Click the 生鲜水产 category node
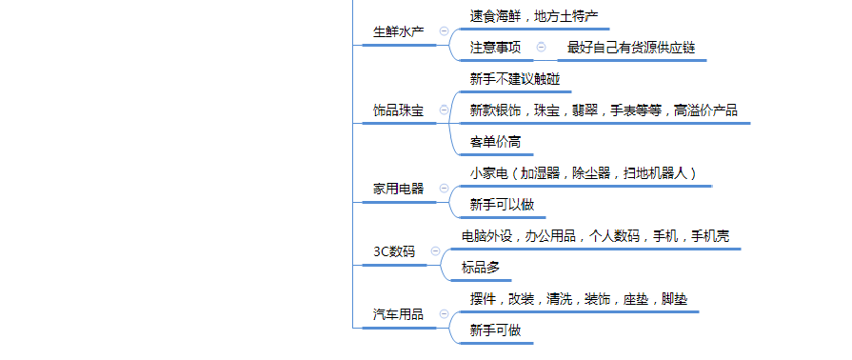[398, 31]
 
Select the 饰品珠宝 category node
[398, 110]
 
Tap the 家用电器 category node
[398, 189]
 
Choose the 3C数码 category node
[394, 251]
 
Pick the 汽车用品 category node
[398, 314]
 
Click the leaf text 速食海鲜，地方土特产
[533, 16]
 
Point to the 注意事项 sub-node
[495, 47]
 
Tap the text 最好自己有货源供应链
[631, 47]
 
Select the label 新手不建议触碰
[515, 79]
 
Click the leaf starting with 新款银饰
[604, 110]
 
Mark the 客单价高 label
[495, 142]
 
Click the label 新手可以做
[502, 204]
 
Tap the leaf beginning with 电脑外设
[595, 236]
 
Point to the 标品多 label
[481, 268]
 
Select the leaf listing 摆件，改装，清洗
[578, 299]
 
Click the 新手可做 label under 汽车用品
[495, 330]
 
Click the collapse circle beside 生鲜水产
[444, 31]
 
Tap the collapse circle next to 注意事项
[542, 47]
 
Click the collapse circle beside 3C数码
[436, 251]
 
